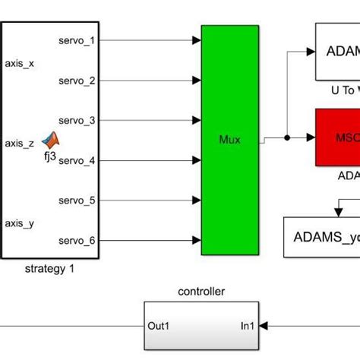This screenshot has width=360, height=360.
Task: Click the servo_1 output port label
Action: pyautogui.click(x=77, y=40)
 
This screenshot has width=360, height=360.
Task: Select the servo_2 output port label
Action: pyautogui.click(x=77, y=81)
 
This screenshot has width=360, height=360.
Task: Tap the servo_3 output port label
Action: pyautogui.click(x=77, y=121)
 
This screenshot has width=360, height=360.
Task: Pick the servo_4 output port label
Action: pyautogui.click(x=77, y=160)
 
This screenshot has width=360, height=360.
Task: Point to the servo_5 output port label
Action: pyautogui.click(x=77, y=201)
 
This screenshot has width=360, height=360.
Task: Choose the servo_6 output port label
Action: pyautogui.click(x=77, y=241)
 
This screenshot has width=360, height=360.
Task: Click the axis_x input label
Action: pyautogui.click(x=20, y=64)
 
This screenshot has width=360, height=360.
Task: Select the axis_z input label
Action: pyautogui.click(x=20, y=143)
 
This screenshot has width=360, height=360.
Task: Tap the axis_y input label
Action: pyautogui.click(x=20, y=223)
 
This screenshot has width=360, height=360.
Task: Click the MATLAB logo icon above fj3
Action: pyautogui.click(x=51, y=139)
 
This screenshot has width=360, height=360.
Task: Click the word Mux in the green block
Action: pyautogui.click(x=229, y=141)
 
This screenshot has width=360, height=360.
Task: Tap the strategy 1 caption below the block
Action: pyautogui.click(x=50, y=268)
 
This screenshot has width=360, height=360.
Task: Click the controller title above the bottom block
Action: pyautogui.click(x=201, y=292)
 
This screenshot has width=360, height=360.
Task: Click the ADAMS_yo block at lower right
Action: pyautogui.click(x=322, y=238)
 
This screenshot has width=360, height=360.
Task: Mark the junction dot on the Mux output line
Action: pyautogui.click(x=286, y=138)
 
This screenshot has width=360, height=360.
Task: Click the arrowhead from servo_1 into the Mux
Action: pyautogui.click(x=195, y=40)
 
